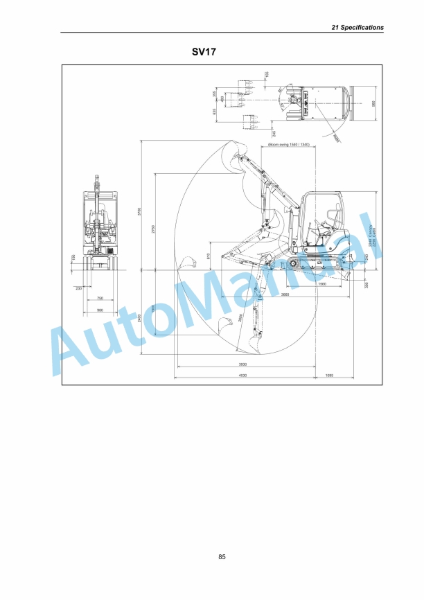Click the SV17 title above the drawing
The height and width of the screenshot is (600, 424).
(x=212, y=52)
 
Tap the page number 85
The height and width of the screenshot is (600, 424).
(x=222, y=557)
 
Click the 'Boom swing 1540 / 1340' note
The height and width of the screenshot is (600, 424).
(x=288, y=145)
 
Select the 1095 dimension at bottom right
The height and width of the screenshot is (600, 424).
(x=329, y=376)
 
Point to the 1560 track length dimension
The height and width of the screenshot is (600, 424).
(x=321, y=284)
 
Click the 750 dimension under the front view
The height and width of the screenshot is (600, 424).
(x=100, y=298)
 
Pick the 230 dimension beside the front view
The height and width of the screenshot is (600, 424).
(x=78, y=288)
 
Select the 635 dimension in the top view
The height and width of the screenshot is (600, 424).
(x=215, y=110)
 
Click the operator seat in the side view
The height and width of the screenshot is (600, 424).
(x=320, y=229)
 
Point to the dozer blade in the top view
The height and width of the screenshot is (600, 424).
(x=357, y=103)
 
